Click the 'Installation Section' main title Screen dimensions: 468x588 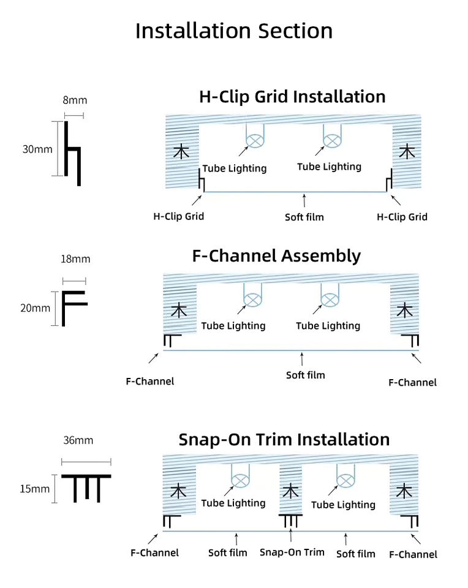point(234,31)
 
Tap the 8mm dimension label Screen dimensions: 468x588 point(75,100)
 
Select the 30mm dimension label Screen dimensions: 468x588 point(37,149)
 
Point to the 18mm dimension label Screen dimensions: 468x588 point(75,258)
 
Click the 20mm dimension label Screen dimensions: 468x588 point(36,308)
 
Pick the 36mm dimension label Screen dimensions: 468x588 point(78,440)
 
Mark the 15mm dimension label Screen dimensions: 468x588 point(34,489)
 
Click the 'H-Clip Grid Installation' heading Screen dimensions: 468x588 point(293,97)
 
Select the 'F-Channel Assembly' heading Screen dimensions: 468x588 point(276,256)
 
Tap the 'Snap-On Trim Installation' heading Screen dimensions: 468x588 point(284,440)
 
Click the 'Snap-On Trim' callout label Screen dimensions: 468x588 point(292,552)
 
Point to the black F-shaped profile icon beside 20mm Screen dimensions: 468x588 point(63,308)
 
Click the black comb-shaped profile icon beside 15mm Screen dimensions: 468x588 point(86,477)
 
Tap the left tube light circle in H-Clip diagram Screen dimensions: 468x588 point(255,141)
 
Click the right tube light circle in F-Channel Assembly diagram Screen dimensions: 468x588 point(330,300)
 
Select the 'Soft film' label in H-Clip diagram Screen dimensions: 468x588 point(304,217)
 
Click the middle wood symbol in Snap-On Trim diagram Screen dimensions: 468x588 point(290,491)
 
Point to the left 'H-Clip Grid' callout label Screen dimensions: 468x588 point(178,216)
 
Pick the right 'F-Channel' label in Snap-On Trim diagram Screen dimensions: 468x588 point(413,554)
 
